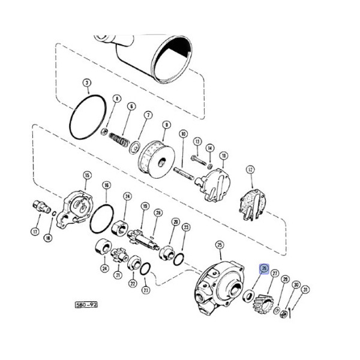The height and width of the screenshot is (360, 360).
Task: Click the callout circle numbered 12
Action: (x=250, y=170)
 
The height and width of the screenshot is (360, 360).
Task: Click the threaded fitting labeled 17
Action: (x=42, y=208)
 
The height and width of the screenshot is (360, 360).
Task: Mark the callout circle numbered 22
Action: (x=133, y=283)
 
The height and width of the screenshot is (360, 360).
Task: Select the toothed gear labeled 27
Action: (x=263, y=298)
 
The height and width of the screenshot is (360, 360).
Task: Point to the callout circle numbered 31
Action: (x=305, y=290)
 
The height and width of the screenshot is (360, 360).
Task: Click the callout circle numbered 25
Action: (x=219, y=244)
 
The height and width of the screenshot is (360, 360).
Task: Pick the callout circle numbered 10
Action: (x=184, y=134)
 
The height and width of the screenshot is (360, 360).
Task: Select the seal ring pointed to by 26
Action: (x=248, y=295)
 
